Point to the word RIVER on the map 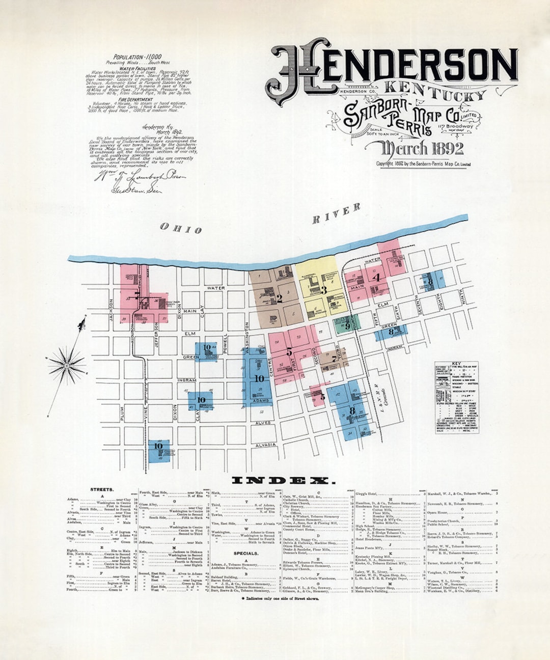click(x=336, y=213)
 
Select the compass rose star click(x=67, y=365)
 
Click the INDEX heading click(x=284, y=481)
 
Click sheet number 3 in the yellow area click(x=323, y=291)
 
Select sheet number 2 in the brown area click(x=279, y=299)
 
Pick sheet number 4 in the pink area click(x=376, y=278)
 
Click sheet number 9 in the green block click(x=347, y=326)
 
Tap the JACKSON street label click(x=111, y=310)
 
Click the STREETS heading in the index click(x=102, y=489)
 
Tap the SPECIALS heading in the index click(x=245, y=553)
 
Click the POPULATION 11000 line click(x=137, y=57)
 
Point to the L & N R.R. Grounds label click(x=382, y=395)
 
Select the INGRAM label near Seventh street click(x=395, y=347)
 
